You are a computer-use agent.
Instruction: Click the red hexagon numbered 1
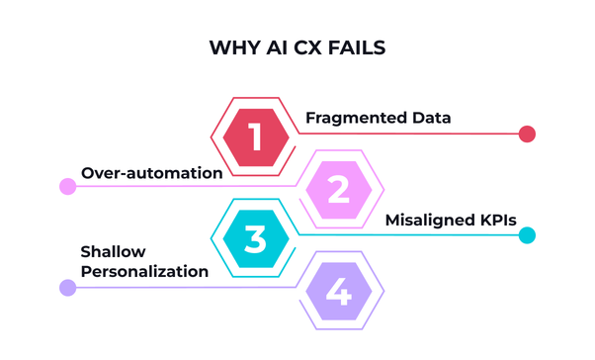pyautogui.click(x=257, y=135)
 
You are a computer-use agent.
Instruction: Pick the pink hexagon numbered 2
pyautogui.click(x=338, y=188)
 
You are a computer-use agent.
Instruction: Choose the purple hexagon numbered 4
pyautogui.click(x=338, y=291)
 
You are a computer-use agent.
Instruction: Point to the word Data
pyautogui.click(x=431, y=118)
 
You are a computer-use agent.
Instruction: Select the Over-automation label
pyautogui.click(x=151, y=172)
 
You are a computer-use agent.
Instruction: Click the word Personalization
pyautogui.click(x=144, y=271)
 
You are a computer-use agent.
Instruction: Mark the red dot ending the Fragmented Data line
pyautogui.click(x=527, y=135)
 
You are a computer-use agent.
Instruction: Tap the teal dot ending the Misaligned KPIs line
pyautogui.click(x=527, y=236)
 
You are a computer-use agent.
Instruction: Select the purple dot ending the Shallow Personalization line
pyautogui.click(x=67, y=288)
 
